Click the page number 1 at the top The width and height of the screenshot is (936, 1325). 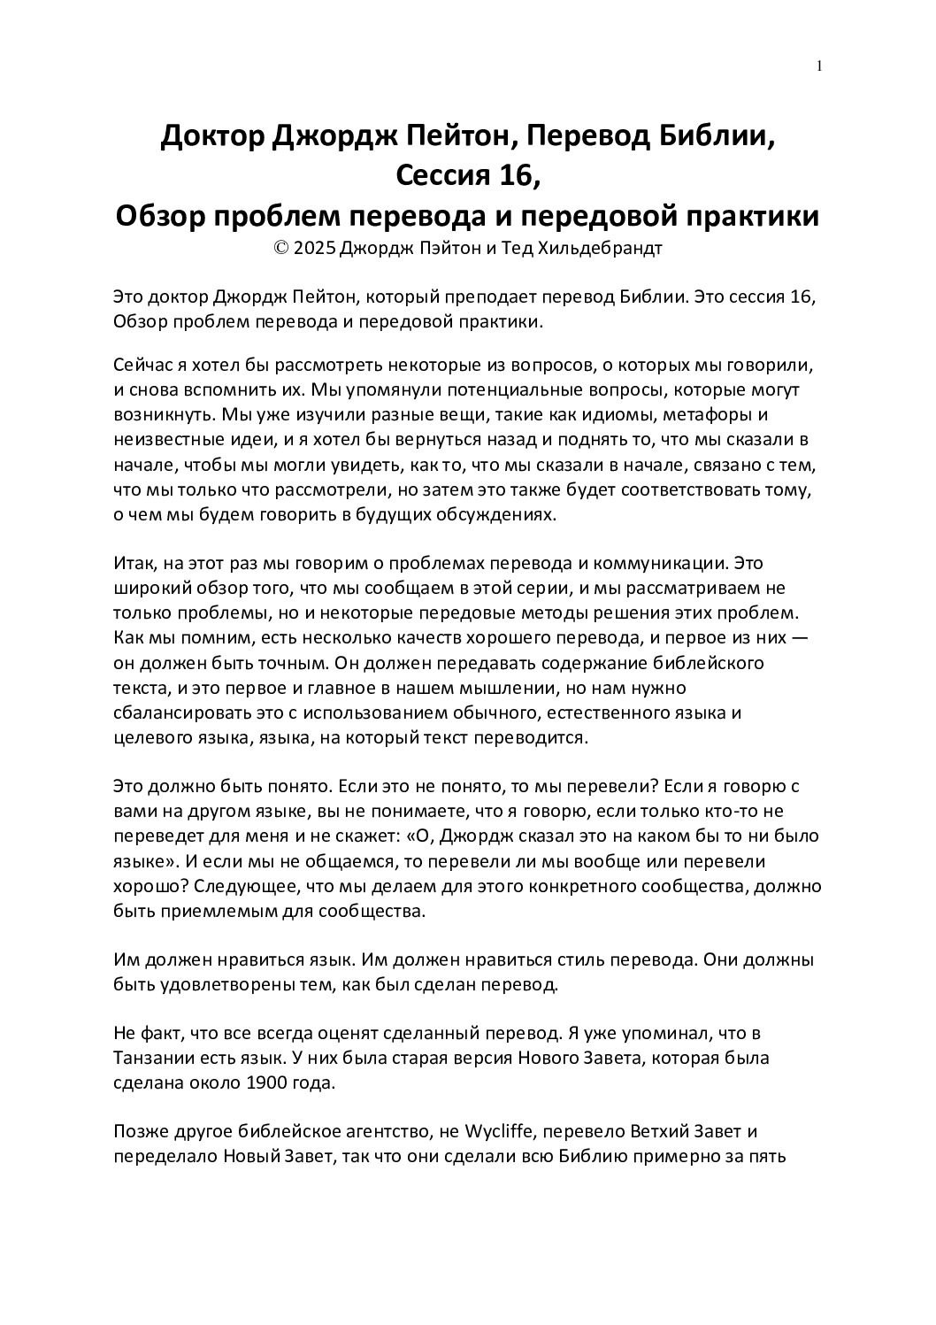point(820,65)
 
